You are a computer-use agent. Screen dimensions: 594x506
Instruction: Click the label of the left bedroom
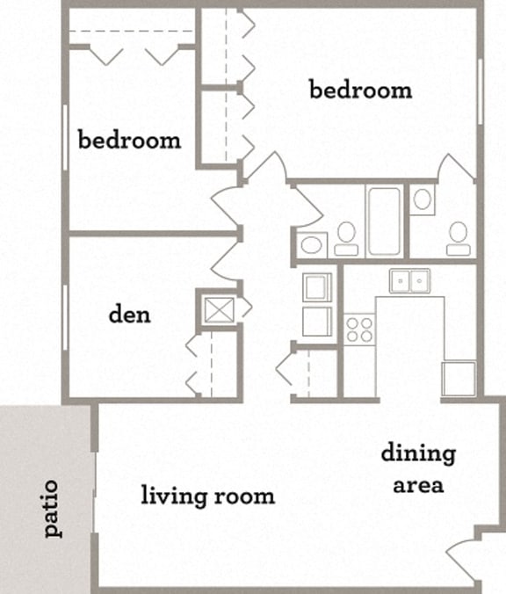129,140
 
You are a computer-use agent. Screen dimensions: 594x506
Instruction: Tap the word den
129,314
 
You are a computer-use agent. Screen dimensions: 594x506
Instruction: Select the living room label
208,496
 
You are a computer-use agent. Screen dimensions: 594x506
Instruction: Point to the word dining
418,454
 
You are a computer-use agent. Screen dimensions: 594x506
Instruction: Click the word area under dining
418,484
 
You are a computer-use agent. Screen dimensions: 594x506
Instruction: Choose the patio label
50,508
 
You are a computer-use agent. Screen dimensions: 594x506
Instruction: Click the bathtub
384,221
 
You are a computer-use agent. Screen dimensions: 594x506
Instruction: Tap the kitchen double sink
409,281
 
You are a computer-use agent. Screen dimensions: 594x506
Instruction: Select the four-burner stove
358,329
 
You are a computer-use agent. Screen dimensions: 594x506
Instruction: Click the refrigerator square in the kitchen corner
459,378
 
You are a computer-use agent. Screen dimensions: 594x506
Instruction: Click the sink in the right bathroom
423,199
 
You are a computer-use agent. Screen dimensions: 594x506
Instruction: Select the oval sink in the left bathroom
310,245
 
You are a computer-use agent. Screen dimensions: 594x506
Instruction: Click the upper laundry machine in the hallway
316,286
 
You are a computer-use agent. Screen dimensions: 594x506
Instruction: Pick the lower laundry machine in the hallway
316,321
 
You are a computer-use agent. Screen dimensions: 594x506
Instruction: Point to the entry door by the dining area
463,558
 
